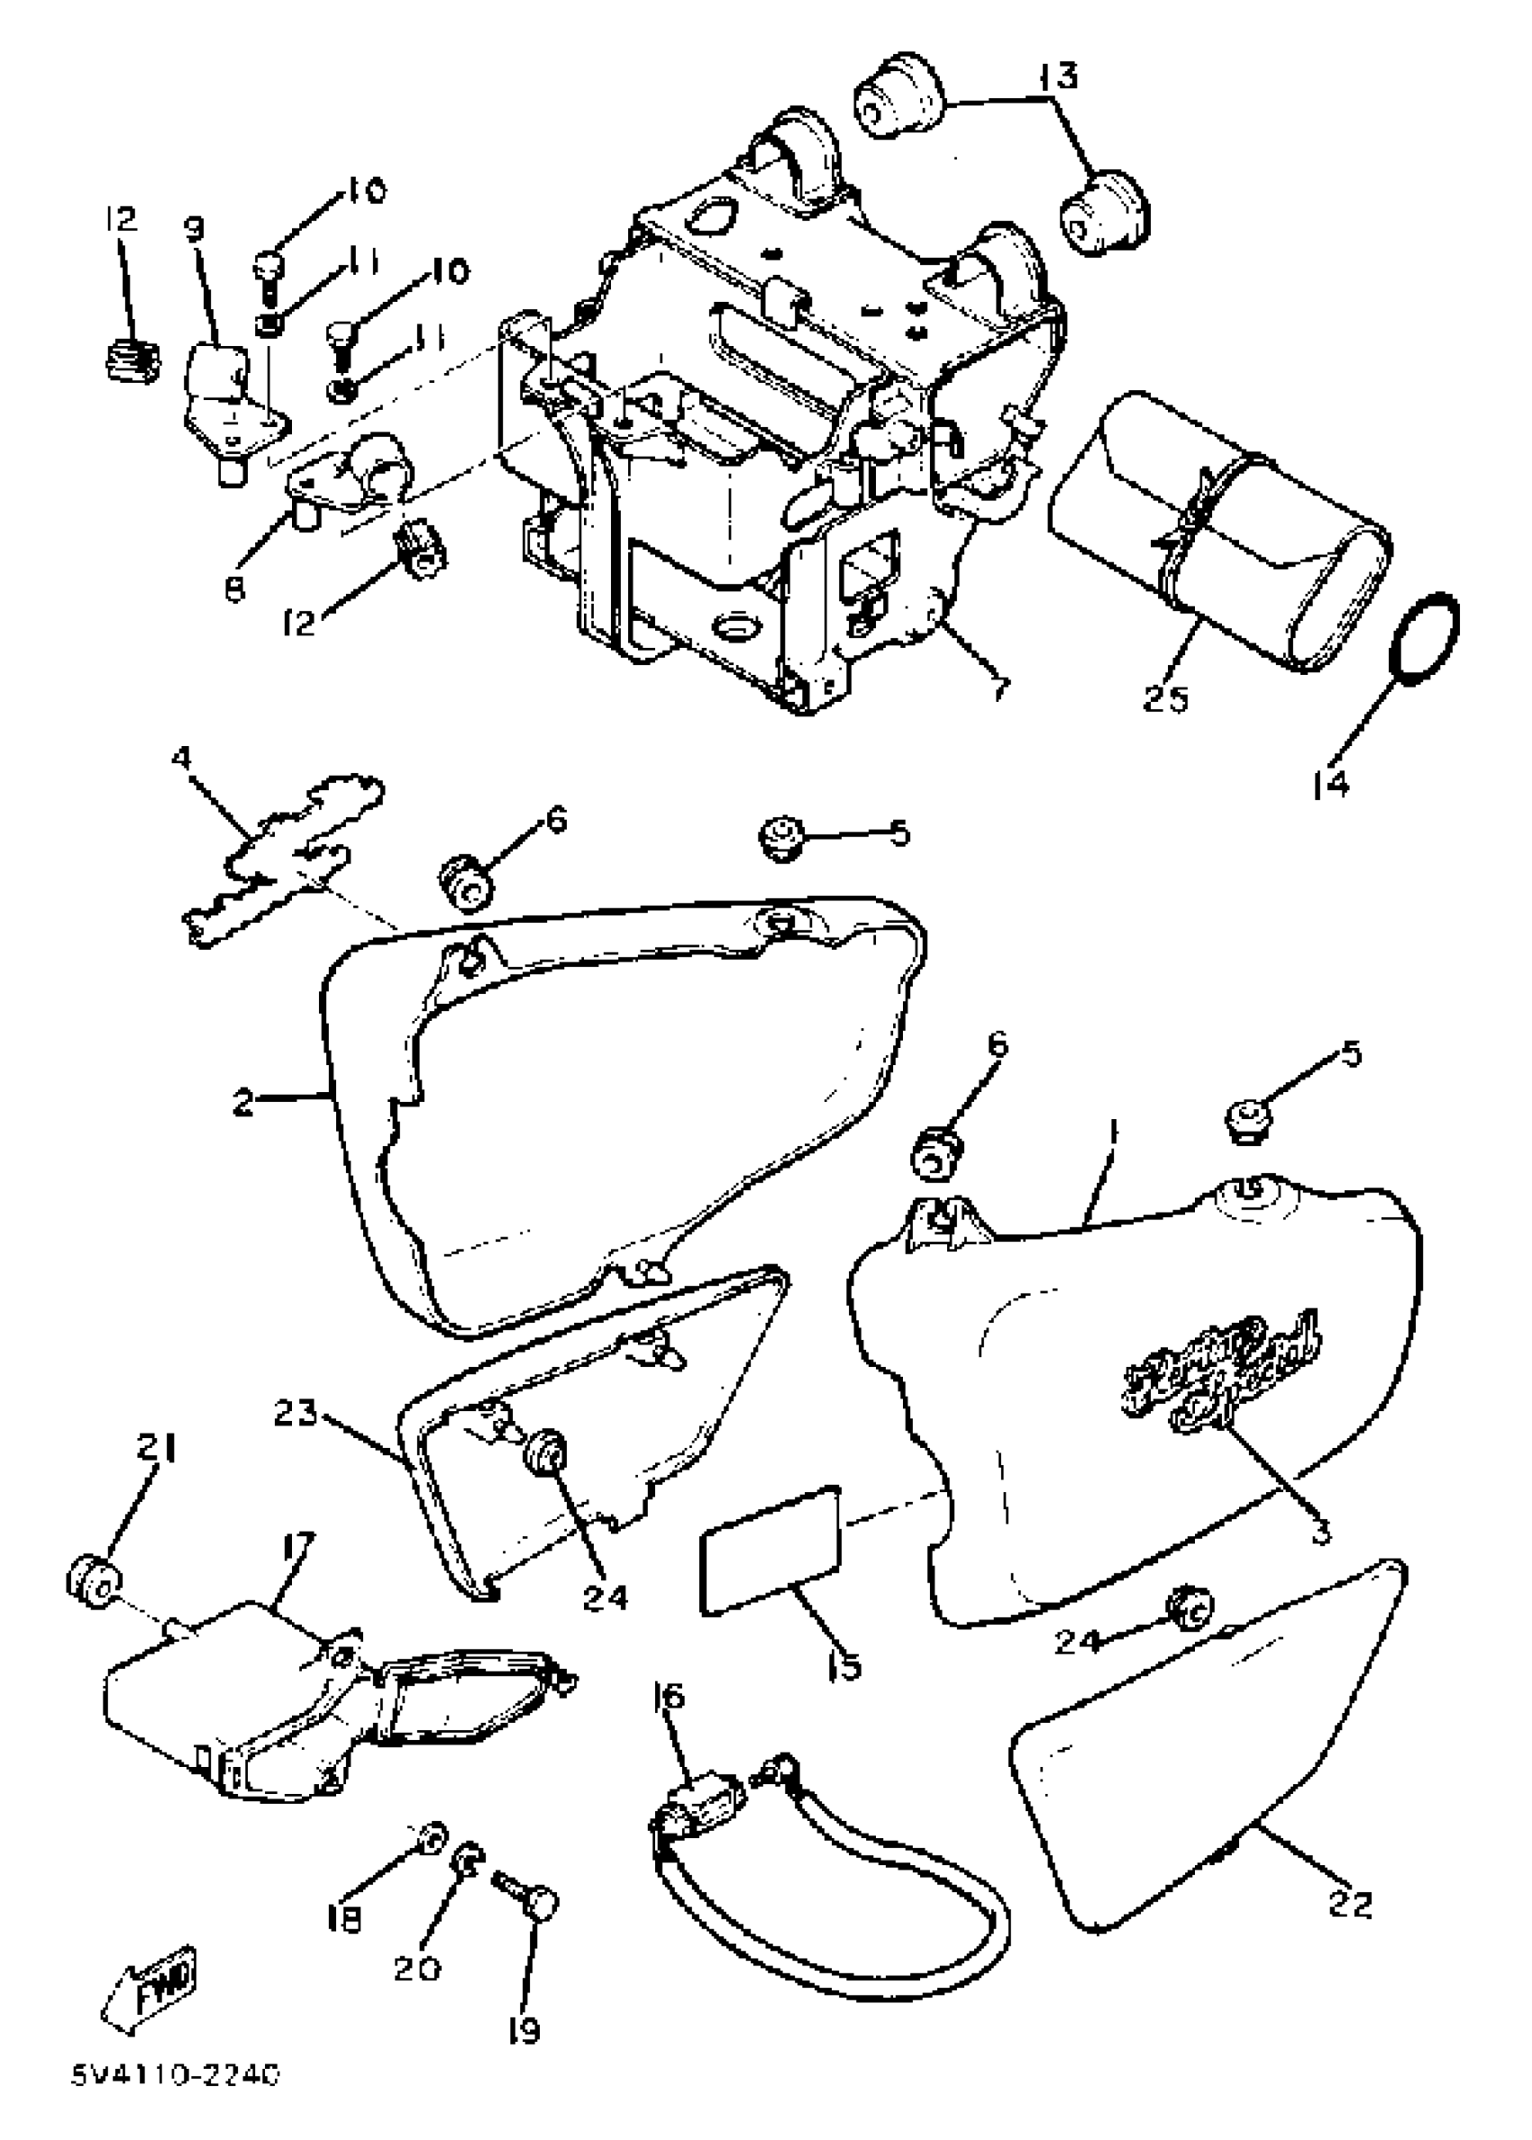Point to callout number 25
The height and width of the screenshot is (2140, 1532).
coord(1166,699)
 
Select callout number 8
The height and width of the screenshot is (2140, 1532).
coord(235,588)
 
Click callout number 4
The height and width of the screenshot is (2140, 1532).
coord(181,756)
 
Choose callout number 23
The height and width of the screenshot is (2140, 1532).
coord(296,1414)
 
